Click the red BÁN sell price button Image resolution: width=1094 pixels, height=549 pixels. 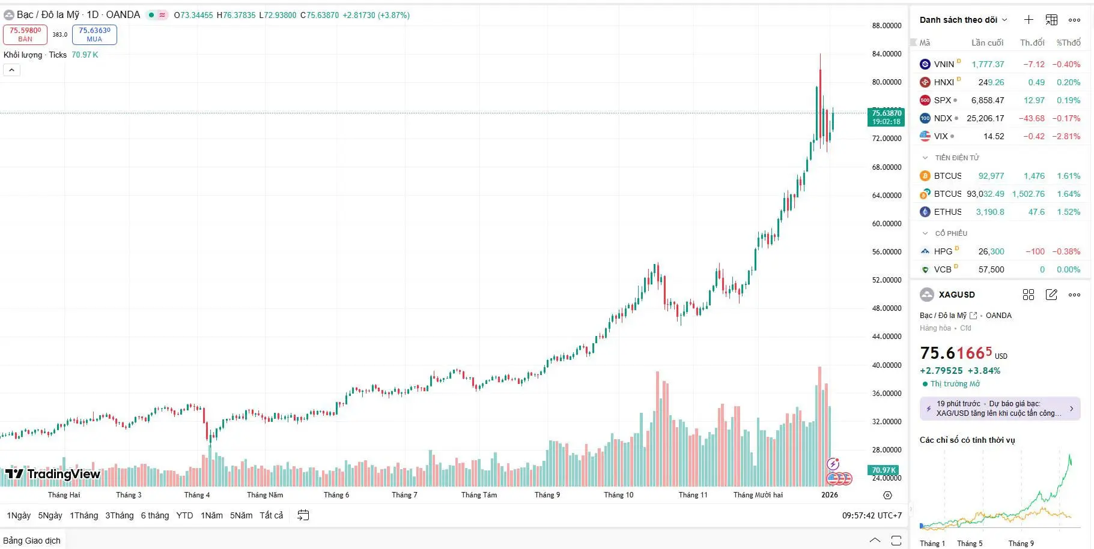25,34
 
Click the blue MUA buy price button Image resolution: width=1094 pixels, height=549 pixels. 94,34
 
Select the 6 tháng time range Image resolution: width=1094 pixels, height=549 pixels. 154,515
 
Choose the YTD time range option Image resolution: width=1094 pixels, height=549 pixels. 184,515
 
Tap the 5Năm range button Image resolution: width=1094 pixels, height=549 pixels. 241,515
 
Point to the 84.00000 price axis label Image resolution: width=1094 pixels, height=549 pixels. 886,54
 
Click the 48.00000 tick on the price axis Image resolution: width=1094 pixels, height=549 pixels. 886,308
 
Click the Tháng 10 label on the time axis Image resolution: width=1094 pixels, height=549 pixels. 618,495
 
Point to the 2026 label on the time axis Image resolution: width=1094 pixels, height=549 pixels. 829,495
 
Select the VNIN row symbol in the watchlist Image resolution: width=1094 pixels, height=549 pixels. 943,64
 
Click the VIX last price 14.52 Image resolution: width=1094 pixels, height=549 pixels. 993,136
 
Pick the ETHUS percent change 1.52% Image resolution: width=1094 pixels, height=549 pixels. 1068,212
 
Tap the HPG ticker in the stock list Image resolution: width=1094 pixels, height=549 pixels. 943,251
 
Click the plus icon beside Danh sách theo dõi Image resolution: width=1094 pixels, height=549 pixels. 1029,20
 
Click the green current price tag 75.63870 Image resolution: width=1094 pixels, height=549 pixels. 886,117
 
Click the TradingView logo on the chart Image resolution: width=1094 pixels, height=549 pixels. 53,474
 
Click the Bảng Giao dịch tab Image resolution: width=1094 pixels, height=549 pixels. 32,541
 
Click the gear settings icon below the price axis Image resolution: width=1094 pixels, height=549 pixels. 887,495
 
